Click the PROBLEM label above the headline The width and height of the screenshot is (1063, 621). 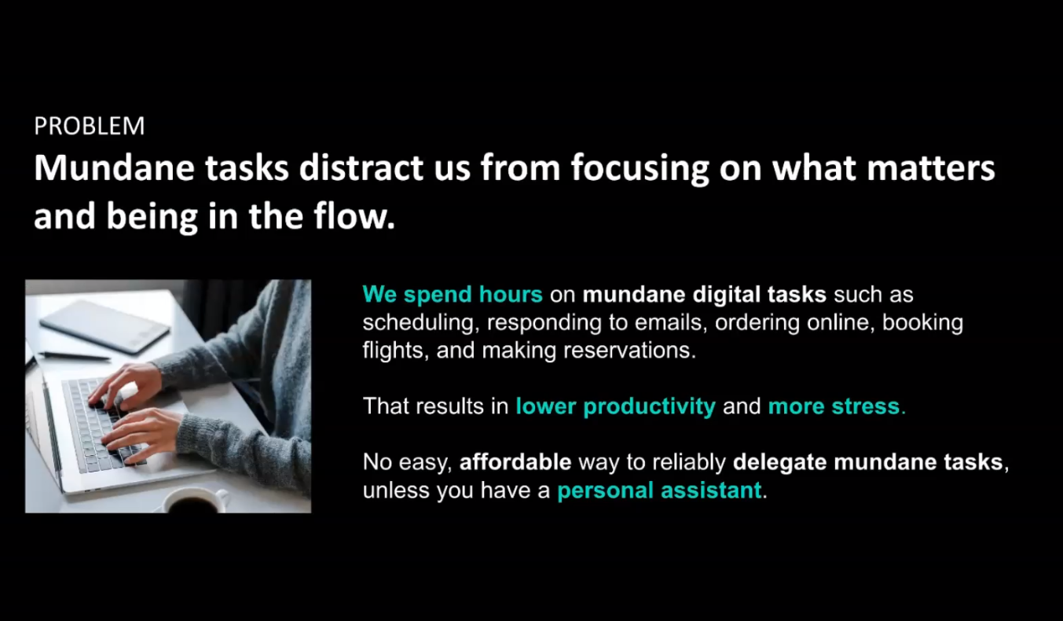pyautogui.click(x=90, y=127)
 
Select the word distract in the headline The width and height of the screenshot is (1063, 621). pyautogui.click(x=361, y=167)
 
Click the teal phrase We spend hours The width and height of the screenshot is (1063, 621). pyautogui.click(x=453, y=294)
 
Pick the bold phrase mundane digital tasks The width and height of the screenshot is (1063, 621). pyautogui.click(x=704, y=294)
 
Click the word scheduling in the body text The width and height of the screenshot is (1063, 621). pyautogui.click(x=418, y=323)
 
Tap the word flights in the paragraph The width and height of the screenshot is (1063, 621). pyautogui.click(x=393, y=351)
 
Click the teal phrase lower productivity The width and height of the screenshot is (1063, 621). pyautogui.click(x=615, y=406)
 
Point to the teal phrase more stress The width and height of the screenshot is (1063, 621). pyautogui.click(x=834, y=406)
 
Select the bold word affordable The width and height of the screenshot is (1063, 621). pyautogui.click(x=515, y=462)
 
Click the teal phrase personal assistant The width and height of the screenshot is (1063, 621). pyautogui.click(x=659, y=490)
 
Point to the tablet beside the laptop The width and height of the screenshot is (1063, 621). pyautogui.click(x=104, y=326)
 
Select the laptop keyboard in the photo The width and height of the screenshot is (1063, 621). pyautogui.click(x=102, y=424)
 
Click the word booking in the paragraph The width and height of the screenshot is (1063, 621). pyautogui.click(x=922, y=323)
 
